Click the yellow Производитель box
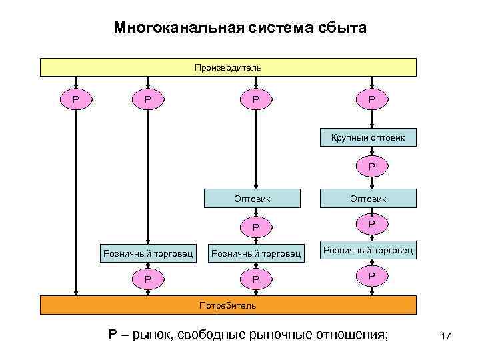click(x=228, y=67)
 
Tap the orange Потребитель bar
click(x=228, y=305)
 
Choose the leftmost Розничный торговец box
click(x=148, y=253)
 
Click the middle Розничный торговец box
click(x=256, y=253)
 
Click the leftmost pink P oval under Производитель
click(x=77, y=100)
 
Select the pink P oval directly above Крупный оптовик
click(x=372, y=100)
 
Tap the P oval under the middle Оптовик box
click(x=256, y=227)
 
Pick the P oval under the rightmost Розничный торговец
click(x=372, y=275)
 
